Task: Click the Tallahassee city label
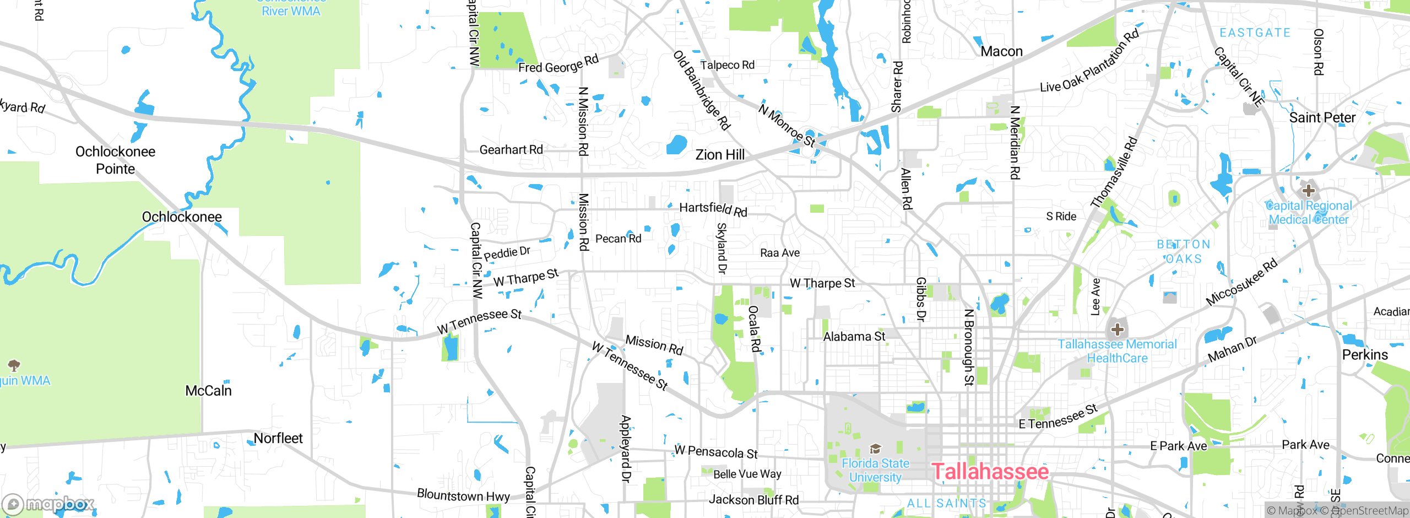(990, 472)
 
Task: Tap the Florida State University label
(875, 470)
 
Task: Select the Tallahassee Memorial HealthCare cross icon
(1117, 330)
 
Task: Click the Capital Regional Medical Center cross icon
(1309, 191)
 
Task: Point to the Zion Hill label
(720, 155)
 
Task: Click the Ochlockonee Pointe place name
(115, 160)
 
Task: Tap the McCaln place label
(208, 391)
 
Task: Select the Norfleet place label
(278, 438)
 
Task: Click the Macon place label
(1001, 51)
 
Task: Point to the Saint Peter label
(1322, 117)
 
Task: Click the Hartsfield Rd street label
(713, 209)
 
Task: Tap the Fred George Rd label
(558, 64)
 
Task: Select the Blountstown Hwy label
(463, 495)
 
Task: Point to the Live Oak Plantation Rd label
(1089, 62)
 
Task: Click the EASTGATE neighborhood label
(1255, 33)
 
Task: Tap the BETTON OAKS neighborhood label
(1183, 251)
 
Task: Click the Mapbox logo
(48, 504)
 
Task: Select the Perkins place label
(1365, 354)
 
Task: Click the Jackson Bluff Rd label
(753, 500)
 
